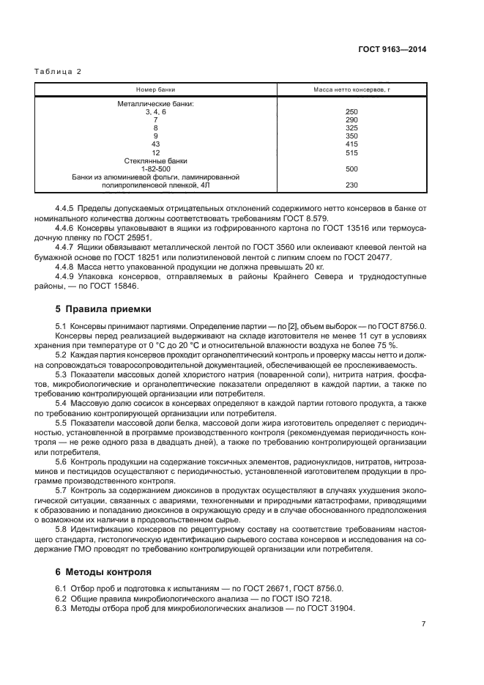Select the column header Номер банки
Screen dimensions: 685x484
tap(155, 89)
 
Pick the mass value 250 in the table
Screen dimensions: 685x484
tap(350, 111)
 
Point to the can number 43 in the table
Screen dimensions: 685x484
tap(155, 144)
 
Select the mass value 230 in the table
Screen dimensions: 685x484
tap(350, 185)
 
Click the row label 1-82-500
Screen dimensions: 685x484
tap(155, 169)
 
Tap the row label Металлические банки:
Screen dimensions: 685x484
tap(155, 103)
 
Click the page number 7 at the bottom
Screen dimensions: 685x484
tap(424, 623)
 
